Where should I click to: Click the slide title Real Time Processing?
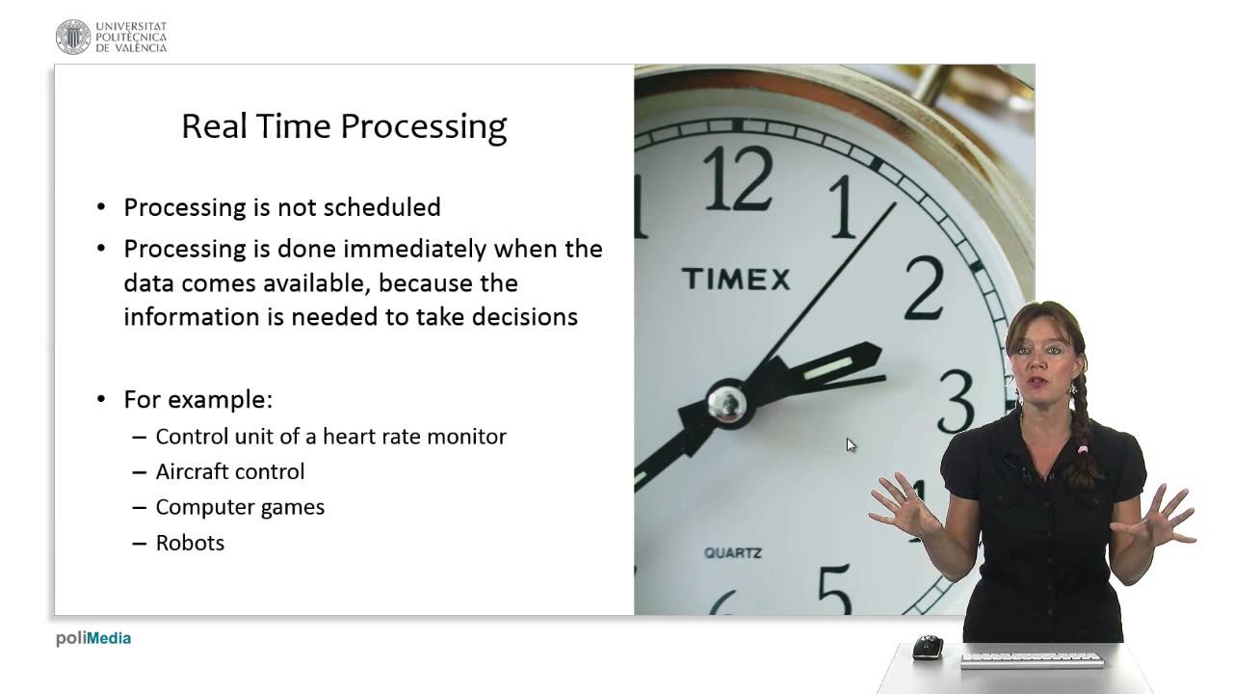coord(344,127)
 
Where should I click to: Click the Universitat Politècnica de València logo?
coord(111,37)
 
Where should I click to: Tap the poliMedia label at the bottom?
coord(93,638)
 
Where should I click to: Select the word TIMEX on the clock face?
coord(736,280)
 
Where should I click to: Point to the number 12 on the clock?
coord(737,180)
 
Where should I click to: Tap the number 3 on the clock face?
coord(956,401)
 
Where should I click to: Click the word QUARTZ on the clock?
coord(733,553)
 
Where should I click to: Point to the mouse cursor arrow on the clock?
coord(851,444)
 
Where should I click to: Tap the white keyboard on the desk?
coord(1032,660)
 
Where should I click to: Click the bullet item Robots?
coord(190,543)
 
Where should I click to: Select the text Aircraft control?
coord(229,471)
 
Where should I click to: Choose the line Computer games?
coord(240,507)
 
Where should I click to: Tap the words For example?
coord(197,399)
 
